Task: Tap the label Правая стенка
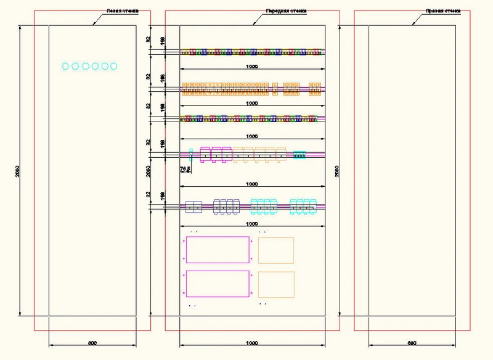(x=443, y=11)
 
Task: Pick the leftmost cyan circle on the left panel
(x=66, y=66)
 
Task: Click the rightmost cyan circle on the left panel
(x=113, y=66)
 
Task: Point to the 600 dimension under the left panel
(x=92, y=342)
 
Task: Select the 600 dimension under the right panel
(x=412, y=342)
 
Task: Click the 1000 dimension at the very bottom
(x=251, y=342)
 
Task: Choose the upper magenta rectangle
(x=218, y=250)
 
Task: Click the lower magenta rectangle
(x=218, y=284)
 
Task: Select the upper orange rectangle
(x=276, y=250)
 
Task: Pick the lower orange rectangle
(x=276, y=284)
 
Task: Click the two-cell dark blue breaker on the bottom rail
(x=194, y=207)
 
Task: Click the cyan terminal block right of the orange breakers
(x=299, y=155)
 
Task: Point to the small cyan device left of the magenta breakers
(x=191, y=153)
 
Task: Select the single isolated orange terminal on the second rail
(x=275, y=89)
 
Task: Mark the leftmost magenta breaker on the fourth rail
(x=205, y=154)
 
